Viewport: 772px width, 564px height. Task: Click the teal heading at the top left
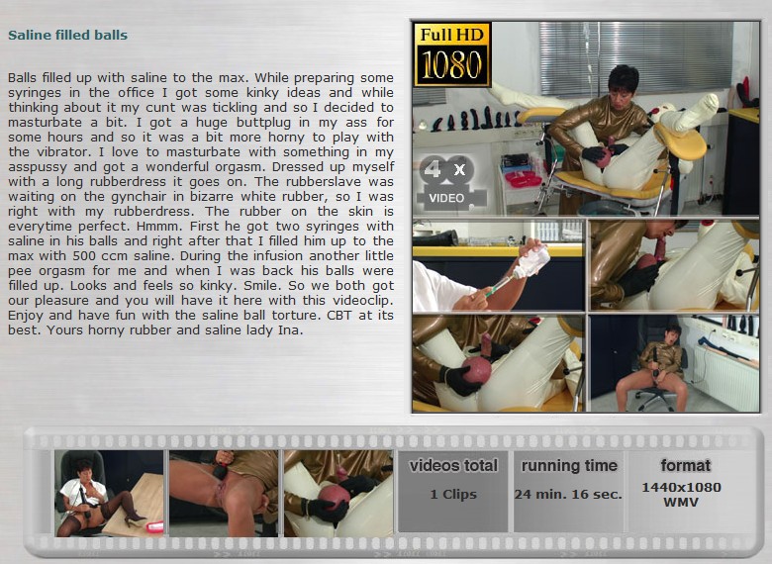68,35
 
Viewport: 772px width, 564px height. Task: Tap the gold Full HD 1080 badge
452,54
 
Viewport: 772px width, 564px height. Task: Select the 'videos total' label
453,465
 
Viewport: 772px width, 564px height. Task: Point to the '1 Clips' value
453,494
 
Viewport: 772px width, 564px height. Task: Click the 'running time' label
569,466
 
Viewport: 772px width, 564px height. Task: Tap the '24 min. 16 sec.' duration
568,494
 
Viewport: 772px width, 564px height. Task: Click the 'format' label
685,465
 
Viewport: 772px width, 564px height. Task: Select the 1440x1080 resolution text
681,487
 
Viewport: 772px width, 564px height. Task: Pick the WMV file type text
681,503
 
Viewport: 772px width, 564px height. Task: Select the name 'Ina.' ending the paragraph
290,330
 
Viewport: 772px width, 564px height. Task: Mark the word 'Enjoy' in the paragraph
25,316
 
